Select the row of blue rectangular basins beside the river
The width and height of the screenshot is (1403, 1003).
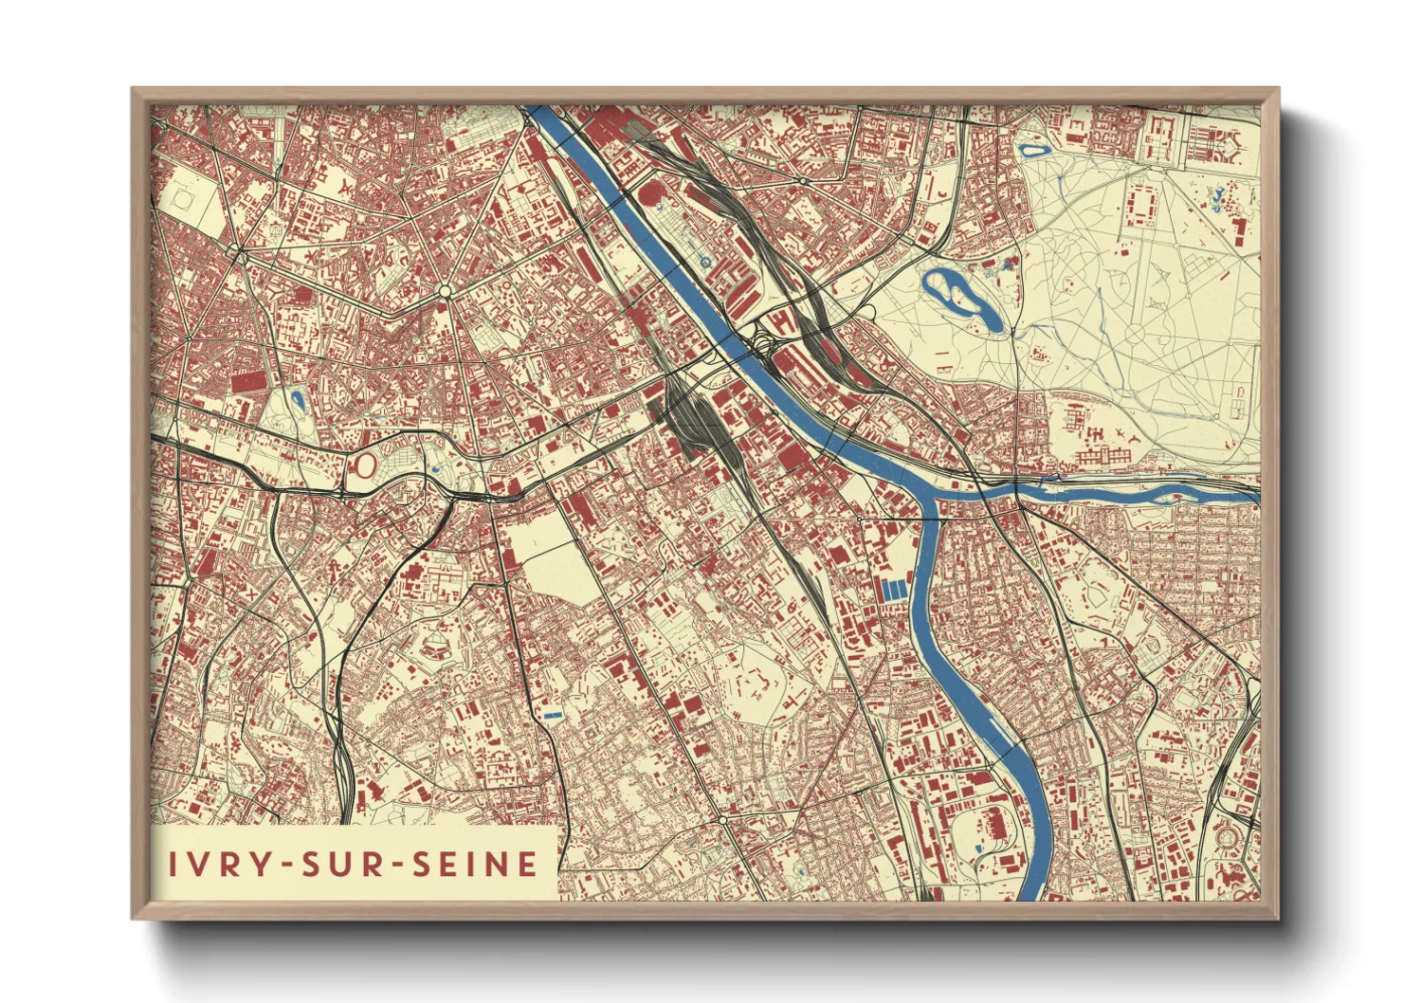tap(895, 589)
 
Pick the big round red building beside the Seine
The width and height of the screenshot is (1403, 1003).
tap(652, 193)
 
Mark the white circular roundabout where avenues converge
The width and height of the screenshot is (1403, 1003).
tap(444, 290)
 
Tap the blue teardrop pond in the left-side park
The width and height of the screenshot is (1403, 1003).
tap(298, 400)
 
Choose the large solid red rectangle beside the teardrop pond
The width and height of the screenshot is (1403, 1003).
tap(248, 381)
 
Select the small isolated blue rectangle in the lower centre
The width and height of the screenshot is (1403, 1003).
tap(554, 714)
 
